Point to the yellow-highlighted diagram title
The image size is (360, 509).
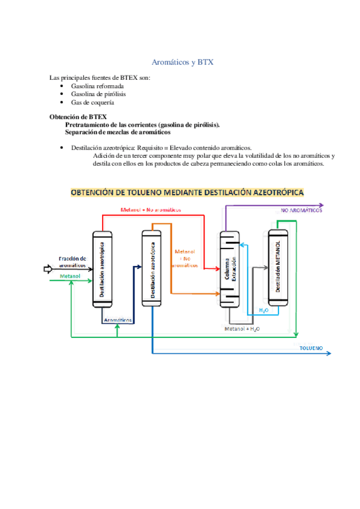tap(187, 193)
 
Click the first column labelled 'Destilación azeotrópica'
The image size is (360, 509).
tap(102, 270)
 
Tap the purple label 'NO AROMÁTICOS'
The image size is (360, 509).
tap(302, 211)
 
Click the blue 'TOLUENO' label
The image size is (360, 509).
tap(311, 348)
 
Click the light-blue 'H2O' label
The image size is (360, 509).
tap(263, 310)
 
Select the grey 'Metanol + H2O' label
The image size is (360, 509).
tap(242, 329)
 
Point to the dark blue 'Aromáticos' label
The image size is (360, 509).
tap(118, 320)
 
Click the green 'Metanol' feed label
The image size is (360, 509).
tap(70, 276)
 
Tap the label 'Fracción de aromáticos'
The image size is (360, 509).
tap(71, 262)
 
